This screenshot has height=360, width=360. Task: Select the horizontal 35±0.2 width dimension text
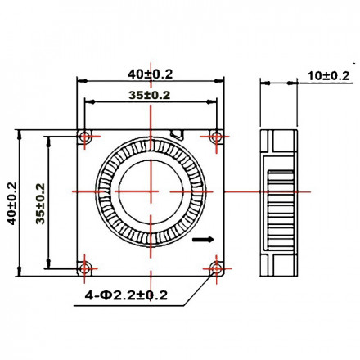150,95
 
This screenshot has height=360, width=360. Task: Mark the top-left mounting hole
86,136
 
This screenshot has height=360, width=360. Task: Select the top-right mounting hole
216,136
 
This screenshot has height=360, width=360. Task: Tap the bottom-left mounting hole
86,265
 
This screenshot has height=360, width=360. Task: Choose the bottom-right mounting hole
216,265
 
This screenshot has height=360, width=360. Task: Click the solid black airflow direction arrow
202,241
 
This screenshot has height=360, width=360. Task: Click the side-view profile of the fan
277,200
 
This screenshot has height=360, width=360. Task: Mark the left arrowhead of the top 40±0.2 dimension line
81,81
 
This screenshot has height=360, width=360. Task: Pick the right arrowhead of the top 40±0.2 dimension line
221,81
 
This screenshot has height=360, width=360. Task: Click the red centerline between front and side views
241,191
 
